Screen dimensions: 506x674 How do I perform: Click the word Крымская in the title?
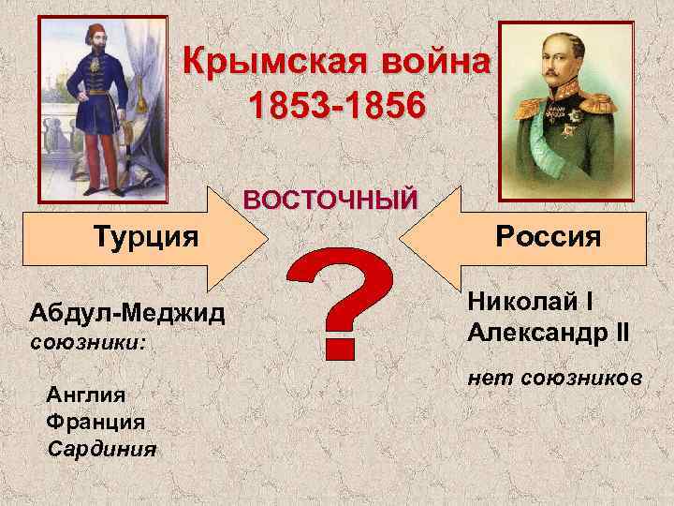(258, 64)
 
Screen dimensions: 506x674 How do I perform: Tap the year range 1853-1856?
(336, 105)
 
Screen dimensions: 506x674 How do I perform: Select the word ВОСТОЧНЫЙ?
(330, 200)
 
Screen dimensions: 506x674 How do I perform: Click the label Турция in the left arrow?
(145, 234)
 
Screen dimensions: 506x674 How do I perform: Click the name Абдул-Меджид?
(126, 312)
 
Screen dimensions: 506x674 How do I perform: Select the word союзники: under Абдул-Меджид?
(87, 344)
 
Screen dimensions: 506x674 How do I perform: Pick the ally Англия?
(84, 394)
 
